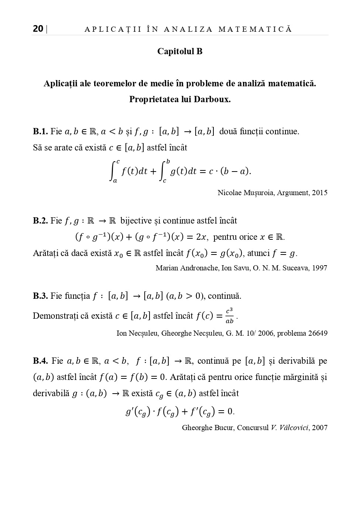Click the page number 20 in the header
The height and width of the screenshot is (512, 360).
click(x=38, y=29)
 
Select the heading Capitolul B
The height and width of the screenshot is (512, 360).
click(x=180, y=51)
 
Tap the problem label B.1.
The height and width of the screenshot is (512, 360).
click(x=40, y=131)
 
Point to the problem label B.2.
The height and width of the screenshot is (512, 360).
click(x=40, y=221)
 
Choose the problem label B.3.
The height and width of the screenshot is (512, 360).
click(x=40, y=296)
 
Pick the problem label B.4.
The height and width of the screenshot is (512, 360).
click(x=40, y=361)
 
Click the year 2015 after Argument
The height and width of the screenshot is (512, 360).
click(x=320, y=193)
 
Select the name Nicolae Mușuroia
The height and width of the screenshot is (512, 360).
click(x=246, y=193)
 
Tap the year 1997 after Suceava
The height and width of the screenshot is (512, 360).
click(x=320, y=268)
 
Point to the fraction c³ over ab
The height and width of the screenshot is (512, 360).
click(x=229, y=316)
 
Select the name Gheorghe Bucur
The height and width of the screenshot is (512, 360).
click(x=208, y=428)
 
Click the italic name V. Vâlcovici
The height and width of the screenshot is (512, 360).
click(x=290, y=428)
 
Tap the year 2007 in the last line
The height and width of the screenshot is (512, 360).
click(x=320, y=428)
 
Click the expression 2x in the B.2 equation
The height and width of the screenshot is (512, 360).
click(x=202, y=237)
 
